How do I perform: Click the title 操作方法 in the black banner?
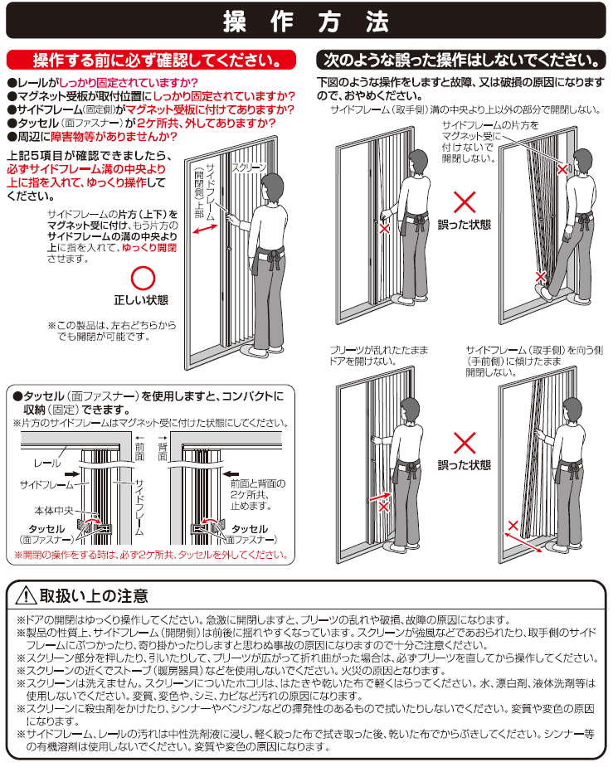pyautogui.click(x=306, y=22)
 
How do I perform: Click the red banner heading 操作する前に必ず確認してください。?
pyautogui.click(x=151, y=61)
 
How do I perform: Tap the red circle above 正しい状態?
pyautogui.click(x=143, y=279)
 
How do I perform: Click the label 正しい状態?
pyautogui.click(x=141, y=300)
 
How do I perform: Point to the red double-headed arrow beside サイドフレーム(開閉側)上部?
pyautogui.click(x=205, y=228)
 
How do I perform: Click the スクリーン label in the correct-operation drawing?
pyautogui.click(x=249, y=167)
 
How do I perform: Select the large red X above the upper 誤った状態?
pyautogui.click(x=465, y=202)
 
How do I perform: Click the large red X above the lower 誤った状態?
pyautogui.click(x=465, y=443)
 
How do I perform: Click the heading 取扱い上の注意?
pyautogui.click(x=94, y=596)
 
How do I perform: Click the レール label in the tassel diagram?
pyautogui.click(x=47, y=463)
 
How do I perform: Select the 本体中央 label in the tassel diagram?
pyautogui.click(x=53, y=511)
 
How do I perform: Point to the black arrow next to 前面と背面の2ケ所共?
pyautogui.click(x=231, y=473)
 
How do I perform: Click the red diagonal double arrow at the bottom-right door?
pyautogui.click(x=523, y=542)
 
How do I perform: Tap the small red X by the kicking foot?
pyautogui.click(x=540, y=276)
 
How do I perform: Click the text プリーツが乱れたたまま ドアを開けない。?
pyautogui.click(x=378, y=356)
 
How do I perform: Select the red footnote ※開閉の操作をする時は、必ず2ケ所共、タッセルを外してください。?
pyautogui.click(x=151, y=555)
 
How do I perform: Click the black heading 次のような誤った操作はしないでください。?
pyautogui.click(x=461, y=61)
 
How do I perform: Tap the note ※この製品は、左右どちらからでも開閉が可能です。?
pyautogui.click(x=112, y=331)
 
